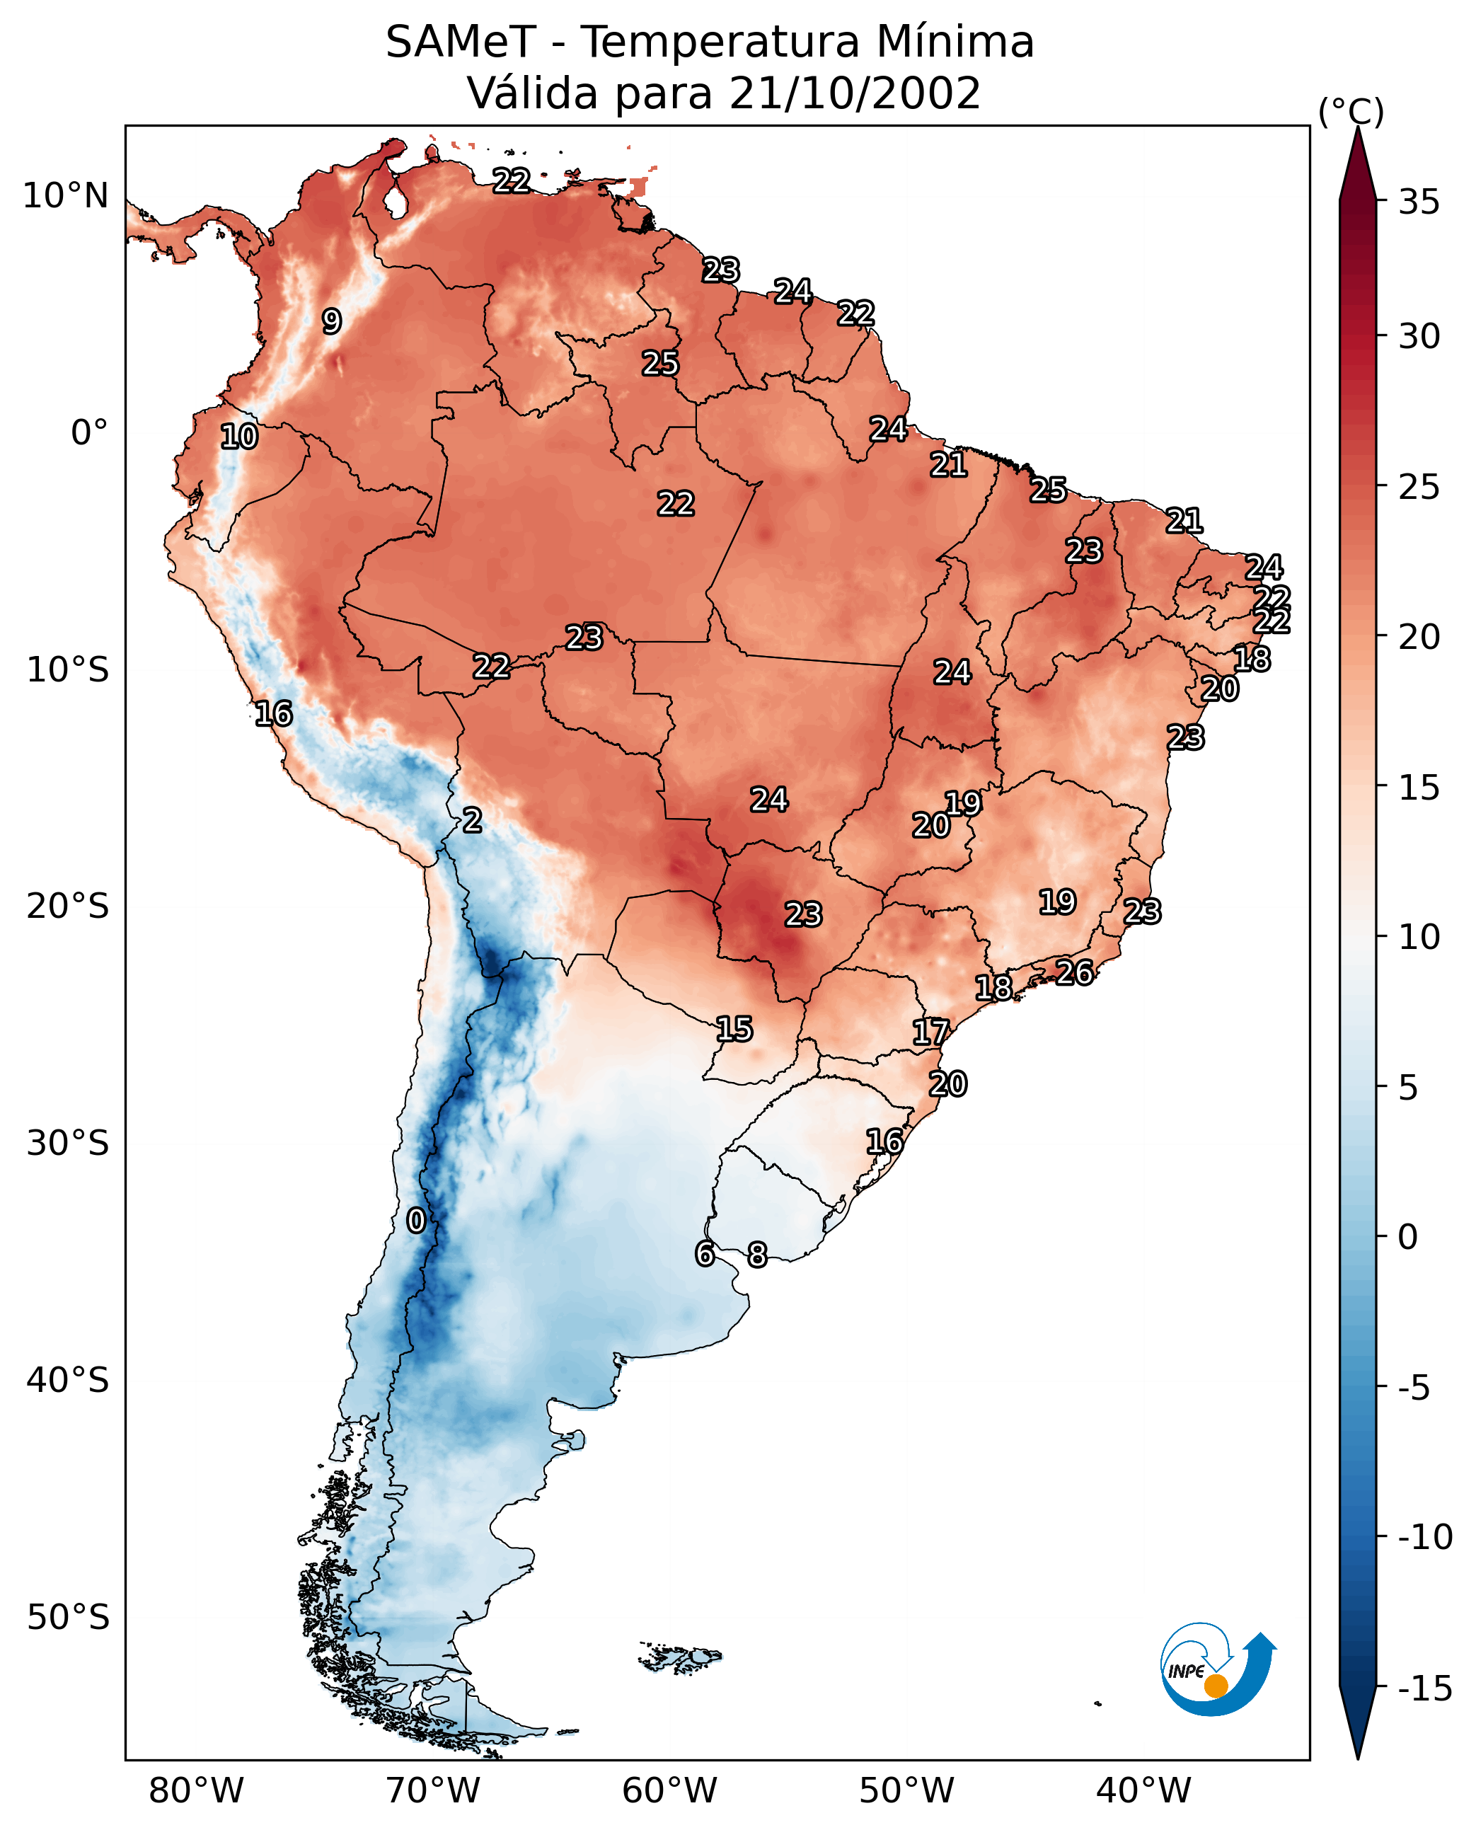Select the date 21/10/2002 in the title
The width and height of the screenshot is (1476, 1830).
[855, 93]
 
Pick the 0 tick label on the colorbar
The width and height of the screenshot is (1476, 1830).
[1408, 1237]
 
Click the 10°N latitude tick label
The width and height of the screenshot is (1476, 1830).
[66, 197]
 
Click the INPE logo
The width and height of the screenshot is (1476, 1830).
[1218, 1669]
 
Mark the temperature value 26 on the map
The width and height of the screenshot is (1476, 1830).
[1075, 972]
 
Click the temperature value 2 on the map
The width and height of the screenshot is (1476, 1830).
[472, 821]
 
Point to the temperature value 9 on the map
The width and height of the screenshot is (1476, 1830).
[332, 321]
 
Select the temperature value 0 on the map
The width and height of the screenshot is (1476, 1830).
[416, 1221]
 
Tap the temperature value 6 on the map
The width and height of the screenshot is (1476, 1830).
[705, 1253]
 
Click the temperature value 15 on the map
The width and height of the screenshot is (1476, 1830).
[734, 1030]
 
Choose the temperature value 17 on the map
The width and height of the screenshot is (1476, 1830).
[931, 1032]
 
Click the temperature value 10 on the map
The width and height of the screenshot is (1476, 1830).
[239, 437]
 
